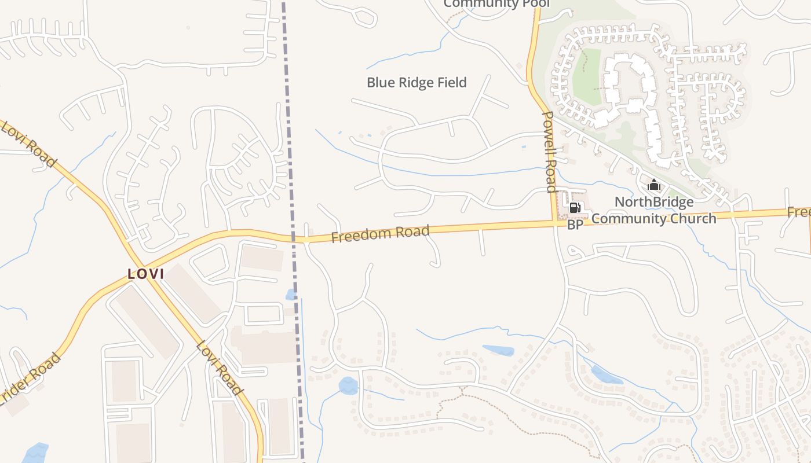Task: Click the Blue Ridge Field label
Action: pyautogui.click(x=417, y=83)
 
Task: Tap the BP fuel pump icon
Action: pyautogui.click(x=575, y=208)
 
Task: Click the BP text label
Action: pyautogui.click(x=575, y=225)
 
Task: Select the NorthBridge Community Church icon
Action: pyautogui.click(x=654, y=185)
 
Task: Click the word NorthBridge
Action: pyautogui.click(x=654, y=203)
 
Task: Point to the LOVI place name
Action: pyautogui.click(x=146, y=274)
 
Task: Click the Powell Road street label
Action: pyautogui.click(x=549, y=152)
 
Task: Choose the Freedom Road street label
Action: pyautogui.click(x=380, y=234)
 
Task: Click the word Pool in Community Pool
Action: pyautogui.click(x=534, y=3)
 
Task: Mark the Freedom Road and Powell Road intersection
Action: pyautogui.click(x=553, y=222)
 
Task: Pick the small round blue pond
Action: pyautogui.click(x=348, y=385)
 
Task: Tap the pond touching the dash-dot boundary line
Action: pyautogui.click(x=291, y=295)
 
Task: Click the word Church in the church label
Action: pyautogui.click(x=693, y=219)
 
